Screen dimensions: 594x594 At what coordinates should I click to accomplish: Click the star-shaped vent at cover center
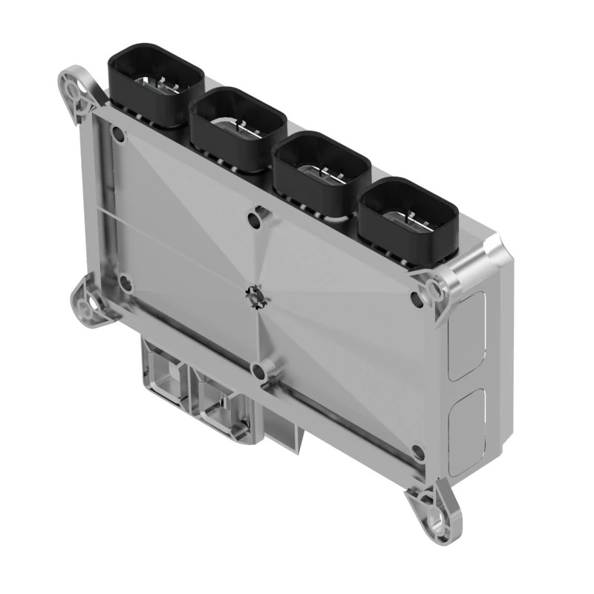click(x=255, y=296)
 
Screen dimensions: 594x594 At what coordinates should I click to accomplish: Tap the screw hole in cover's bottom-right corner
click(x=417, y=451)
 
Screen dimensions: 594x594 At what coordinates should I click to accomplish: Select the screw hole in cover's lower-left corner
click(x=125, y=283)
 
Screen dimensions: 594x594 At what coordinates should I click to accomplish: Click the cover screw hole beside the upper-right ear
click(x=415, y=298)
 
